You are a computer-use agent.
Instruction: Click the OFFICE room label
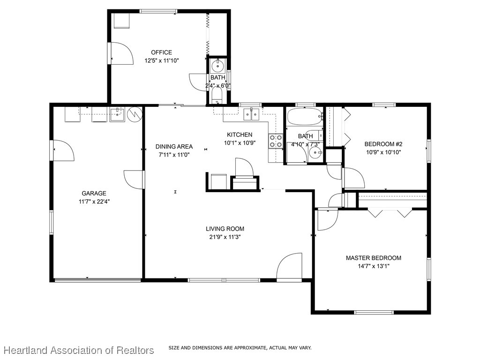point(161,52)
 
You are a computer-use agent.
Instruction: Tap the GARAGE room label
point(94,193)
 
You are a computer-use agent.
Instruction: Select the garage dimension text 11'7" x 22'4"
point(94,202)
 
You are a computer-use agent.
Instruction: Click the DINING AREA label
point(174,147)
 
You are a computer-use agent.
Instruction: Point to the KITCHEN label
point(240,135)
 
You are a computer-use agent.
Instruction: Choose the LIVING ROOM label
point(225,229)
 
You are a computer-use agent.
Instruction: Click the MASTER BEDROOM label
point(373,258)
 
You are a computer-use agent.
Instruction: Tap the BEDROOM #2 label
point(383,144)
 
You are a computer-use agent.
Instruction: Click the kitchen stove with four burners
point(276,141)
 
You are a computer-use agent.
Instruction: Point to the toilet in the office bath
point(217,96)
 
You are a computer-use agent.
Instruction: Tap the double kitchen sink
point(252,114)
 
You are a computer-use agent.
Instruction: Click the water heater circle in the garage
point(135,114)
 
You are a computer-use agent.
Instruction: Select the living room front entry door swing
point(290,267)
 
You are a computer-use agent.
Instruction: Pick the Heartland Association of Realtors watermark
point(79,350)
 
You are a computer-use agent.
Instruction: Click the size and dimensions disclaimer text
point(240,348)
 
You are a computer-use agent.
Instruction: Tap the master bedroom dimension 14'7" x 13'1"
point(373,266)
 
